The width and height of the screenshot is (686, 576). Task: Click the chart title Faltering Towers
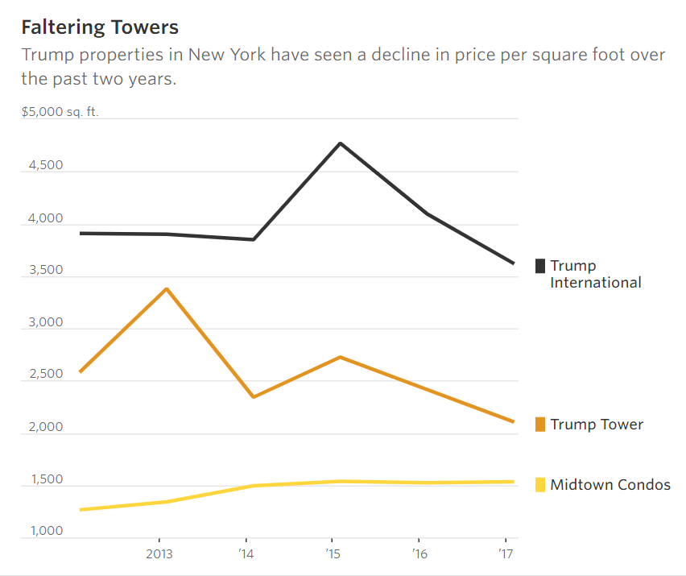tap(100, 27)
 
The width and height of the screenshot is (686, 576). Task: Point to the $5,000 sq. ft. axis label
tap(60, 112)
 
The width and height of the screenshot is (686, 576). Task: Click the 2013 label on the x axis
tap(159, 554)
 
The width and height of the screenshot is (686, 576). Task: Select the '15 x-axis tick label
tap(332, 554)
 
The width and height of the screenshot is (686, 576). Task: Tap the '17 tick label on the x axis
tap(505, 554)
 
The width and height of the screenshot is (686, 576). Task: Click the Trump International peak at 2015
tap(341, 143)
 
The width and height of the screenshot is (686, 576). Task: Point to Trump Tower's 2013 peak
tap(166, 288)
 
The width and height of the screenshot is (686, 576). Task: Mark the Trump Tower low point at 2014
tap(254, 397)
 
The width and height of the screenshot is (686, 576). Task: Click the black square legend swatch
tap(541, 266)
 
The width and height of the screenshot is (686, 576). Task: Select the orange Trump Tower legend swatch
tap(541, 425)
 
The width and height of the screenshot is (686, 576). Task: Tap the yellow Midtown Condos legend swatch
tap(541, 485)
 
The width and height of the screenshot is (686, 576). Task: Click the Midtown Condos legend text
tap(610, 485)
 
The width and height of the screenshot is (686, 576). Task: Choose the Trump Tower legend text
tap(597, 425)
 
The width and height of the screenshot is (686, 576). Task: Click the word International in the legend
tap(596, 283)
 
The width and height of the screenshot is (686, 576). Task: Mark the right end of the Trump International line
tap(514, 263)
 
